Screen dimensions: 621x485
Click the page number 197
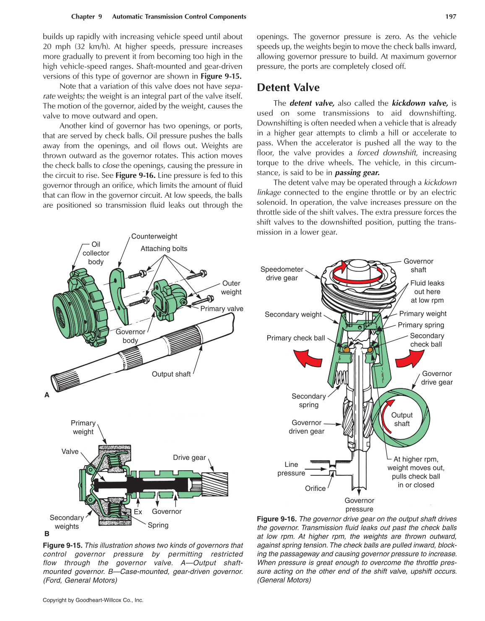pos(451,16)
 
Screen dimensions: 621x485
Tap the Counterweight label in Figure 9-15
pos(154,236)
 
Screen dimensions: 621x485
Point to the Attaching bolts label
pos(164,249)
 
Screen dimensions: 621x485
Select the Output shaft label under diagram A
pos(171,374)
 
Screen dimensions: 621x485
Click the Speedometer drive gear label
pos(282,274)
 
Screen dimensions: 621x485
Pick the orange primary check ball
pos(346,349)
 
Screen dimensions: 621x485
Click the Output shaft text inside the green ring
pos(402,419)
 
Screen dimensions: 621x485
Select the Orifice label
pos(315,488)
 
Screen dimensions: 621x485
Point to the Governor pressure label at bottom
pos(359,505)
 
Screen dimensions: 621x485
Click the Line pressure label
pos(291,469)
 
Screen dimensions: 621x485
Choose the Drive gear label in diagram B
pos(189,457)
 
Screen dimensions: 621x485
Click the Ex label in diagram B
pos(138,512)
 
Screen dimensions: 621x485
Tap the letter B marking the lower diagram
pos(47,534)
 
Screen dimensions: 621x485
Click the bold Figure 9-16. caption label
pos(276,519)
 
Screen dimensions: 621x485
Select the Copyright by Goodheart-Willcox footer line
pos(93,600)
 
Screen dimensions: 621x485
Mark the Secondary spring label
pos(308,401)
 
